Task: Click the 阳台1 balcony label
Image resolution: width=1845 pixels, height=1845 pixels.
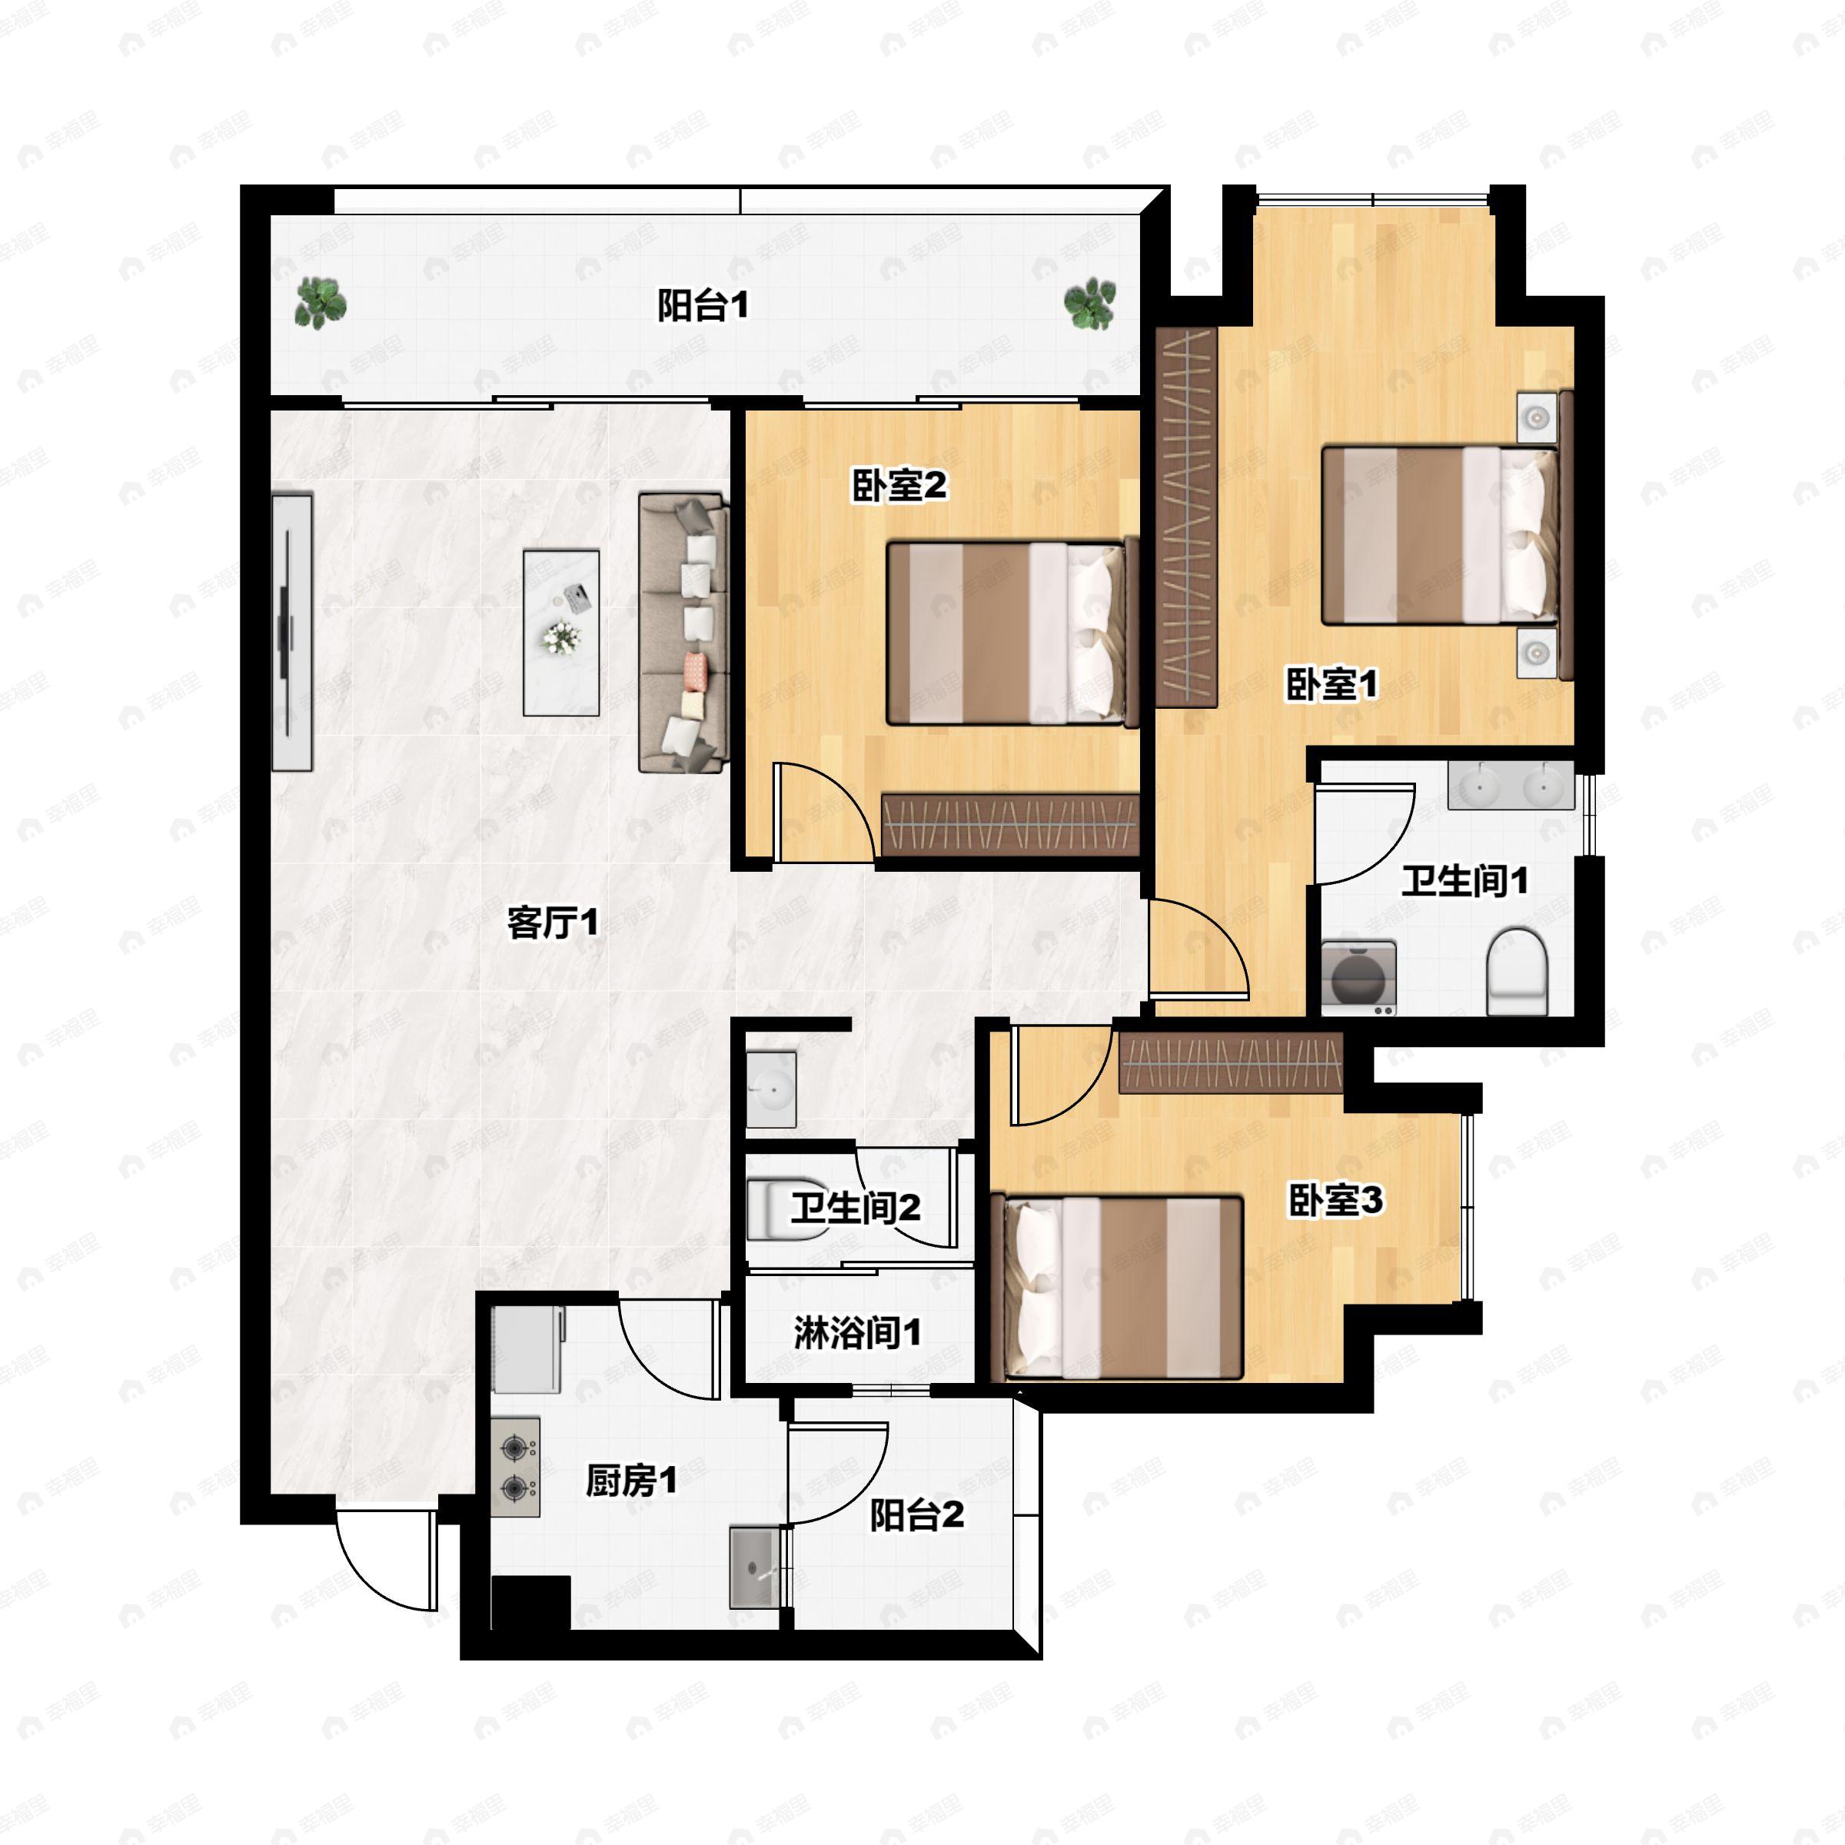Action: (703, 307)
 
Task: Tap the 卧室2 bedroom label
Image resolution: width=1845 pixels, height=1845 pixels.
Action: (899, 486)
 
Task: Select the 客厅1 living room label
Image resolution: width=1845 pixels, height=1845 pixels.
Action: (553, 922)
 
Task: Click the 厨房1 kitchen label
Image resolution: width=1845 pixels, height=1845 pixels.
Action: (631, 1481)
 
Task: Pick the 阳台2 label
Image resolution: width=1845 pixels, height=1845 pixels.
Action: (916, 1514)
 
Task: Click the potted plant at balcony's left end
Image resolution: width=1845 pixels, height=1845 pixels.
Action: (320, 303)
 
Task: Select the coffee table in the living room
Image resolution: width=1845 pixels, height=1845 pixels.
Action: (561, 632)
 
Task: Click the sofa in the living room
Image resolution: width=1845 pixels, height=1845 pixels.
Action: (683, 632)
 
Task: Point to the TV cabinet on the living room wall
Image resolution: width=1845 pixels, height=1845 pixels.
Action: (291, 632)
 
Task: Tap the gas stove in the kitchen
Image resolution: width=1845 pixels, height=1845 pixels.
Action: (516, 1467)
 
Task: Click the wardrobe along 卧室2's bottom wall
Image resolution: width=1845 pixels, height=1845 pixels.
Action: (1010, 824)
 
